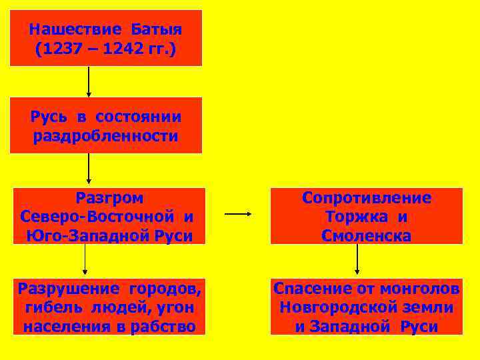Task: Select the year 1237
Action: (60, 49)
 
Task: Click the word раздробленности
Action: (105, 137)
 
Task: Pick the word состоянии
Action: (138, 117)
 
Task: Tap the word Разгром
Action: (109, 197)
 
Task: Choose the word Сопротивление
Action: (367, 197)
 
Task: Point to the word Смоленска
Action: (367, 235)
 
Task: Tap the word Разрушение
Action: (64, 289)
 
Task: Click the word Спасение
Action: (313, 289)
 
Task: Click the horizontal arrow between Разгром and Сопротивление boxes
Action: (238, 215)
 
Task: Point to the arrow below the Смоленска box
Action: (358, 260)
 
